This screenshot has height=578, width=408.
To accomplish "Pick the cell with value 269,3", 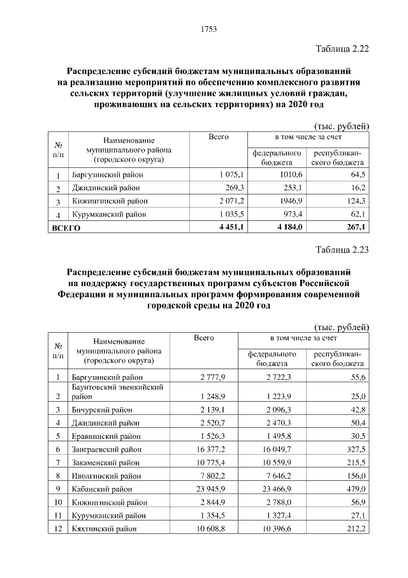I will (x=216, y=188).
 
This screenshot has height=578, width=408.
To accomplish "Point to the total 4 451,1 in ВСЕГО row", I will (x=211, y=227).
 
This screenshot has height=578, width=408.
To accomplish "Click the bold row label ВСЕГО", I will (x=66, y=228).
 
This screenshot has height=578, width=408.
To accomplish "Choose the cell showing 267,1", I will (x=354, y=227).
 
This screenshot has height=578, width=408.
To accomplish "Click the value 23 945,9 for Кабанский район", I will (x=207, y=489).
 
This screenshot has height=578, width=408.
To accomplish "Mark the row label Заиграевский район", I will (x=106, y=450).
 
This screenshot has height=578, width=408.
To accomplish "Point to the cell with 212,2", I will (x=353, y=528).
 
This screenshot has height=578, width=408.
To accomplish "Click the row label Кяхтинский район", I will (x=104, y=529).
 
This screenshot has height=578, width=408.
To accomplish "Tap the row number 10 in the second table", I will (x=58, y=502).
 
